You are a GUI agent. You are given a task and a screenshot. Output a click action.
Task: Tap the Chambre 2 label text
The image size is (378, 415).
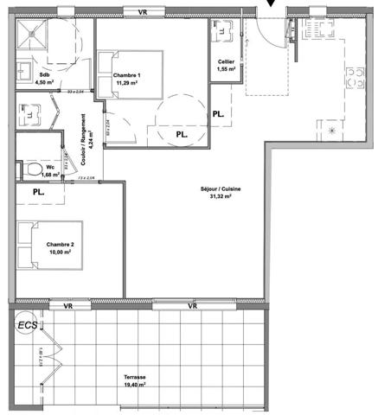tap(60, 247)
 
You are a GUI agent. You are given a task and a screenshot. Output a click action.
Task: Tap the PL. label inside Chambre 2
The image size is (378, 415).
tap(40, 191)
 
